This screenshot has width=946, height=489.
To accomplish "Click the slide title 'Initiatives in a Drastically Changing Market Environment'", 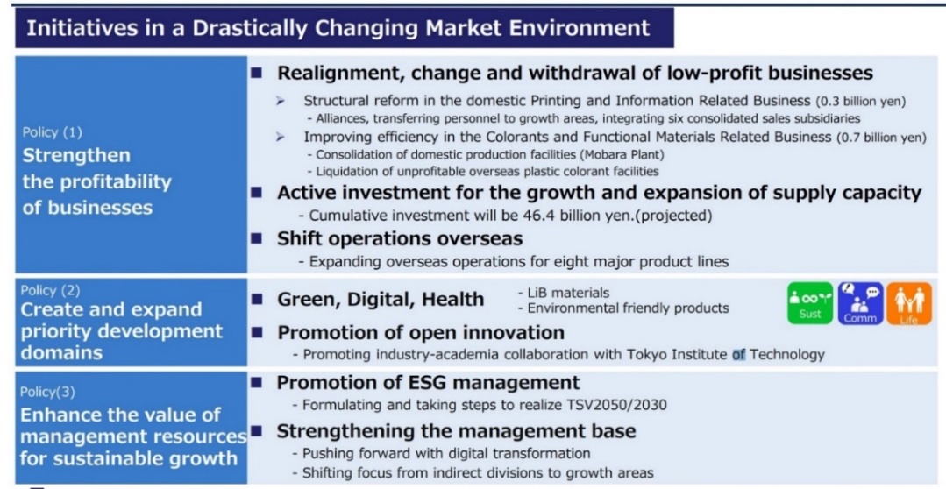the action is [338, 28].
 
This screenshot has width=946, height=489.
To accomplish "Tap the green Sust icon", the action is [810, 303].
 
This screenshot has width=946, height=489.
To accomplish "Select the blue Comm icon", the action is [860, 303].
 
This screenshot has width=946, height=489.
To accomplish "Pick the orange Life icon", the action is [908, 303].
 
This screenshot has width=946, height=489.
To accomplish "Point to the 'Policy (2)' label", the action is [50, 290].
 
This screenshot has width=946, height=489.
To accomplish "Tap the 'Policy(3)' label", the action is [47, 392].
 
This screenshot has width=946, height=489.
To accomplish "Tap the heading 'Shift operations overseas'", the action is [400, 238].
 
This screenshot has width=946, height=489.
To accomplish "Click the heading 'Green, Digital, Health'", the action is [381, 299].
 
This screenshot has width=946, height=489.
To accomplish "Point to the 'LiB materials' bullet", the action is [564, 293].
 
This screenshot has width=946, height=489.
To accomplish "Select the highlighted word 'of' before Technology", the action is [739, 354].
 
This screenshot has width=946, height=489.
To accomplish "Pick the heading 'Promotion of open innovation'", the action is [421, 332].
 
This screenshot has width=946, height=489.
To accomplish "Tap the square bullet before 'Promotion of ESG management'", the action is [257, 382].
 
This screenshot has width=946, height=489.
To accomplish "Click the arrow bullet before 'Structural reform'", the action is [280, 101].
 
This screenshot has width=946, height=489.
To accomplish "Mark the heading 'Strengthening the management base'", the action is [456, 431].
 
